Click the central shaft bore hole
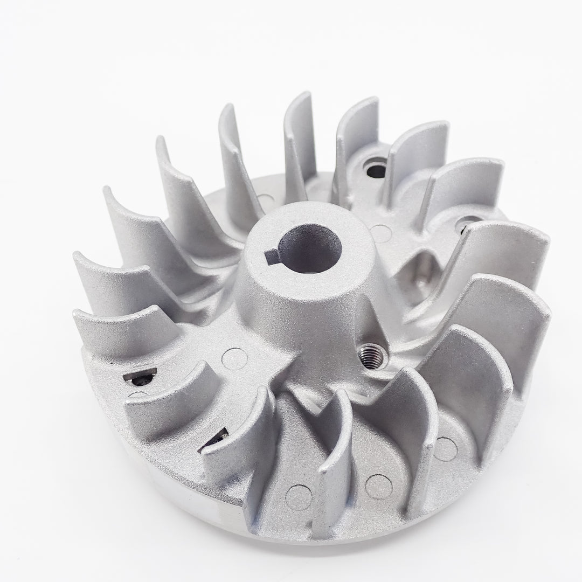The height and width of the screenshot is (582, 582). point(311,249)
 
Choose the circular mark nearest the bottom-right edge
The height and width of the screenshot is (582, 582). point(445,449)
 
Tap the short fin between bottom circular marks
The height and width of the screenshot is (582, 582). point(337,453)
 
